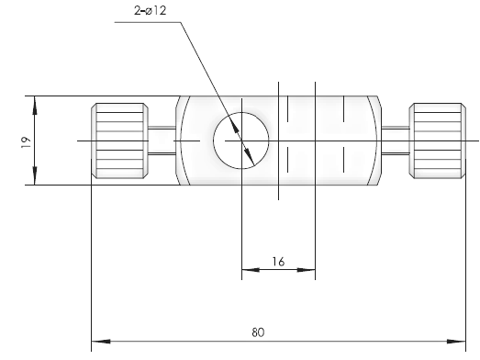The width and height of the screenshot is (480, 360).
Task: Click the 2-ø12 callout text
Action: (x=150, y=11)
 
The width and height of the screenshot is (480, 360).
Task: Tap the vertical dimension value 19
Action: (x=27, y=142)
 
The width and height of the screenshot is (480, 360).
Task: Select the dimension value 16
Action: (x=278, y=262)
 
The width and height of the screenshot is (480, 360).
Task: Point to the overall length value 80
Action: (x=258, y=332)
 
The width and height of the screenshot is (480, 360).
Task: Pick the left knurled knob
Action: (x=120, y=141)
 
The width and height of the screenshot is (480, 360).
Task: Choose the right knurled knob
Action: (x=438, y=141)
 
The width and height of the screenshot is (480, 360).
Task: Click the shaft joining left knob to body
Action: (x=162, y=141)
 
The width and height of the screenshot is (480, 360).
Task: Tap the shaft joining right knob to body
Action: (x=396, y=141)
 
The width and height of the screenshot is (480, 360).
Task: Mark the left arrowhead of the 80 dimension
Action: (x=101, y=342)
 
